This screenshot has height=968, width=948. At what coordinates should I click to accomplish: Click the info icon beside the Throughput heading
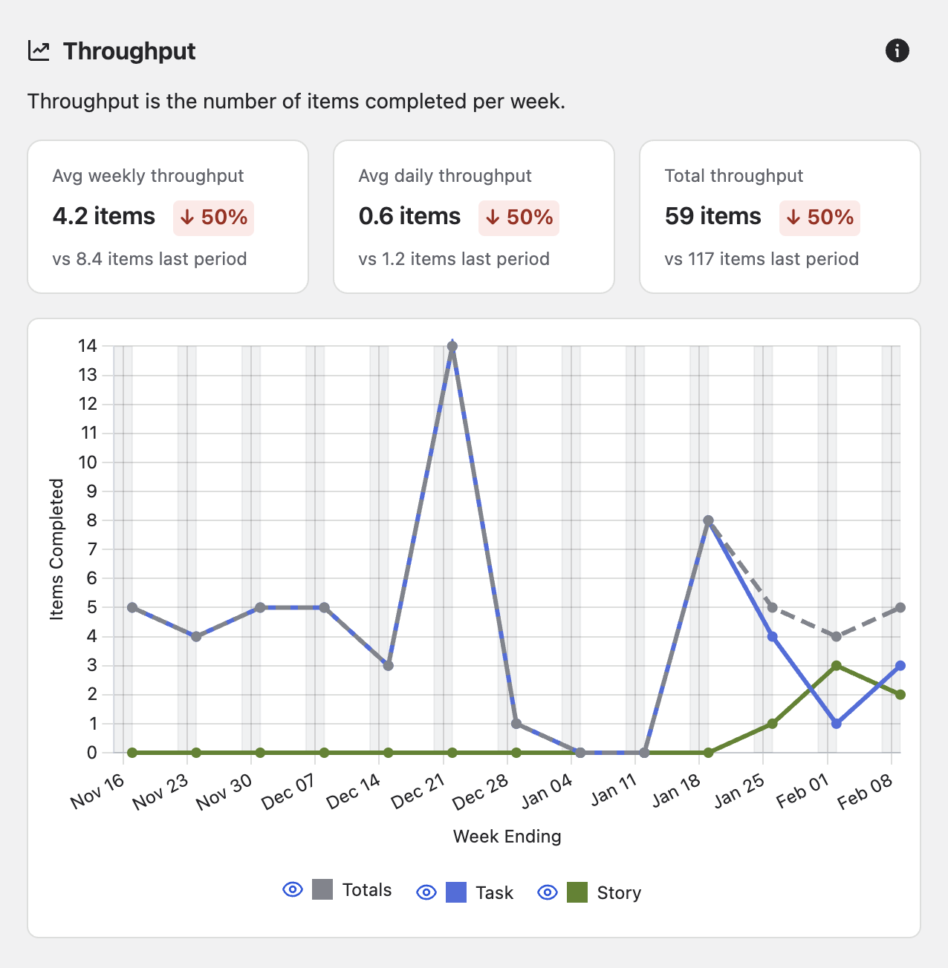897,50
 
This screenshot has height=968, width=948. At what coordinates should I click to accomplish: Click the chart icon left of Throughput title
39,51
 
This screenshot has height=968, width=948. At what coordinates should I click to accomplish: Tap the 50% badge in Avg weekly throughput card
214,218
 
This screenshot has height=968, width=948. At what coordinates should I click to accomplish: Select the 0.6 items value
409,216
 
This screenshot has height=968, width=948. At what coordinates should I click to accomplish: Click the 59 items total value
712,216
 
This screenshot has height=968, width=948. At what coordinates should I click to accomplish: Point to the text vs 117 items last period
762,259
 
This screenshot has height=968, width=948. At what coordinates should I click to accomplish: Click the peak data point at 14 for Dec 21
452,347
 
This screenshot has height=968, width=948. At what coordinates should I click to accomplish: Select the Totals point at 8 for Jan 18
708,521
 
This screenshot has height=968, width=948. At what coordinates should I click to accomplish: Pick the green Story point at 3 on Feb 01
836,666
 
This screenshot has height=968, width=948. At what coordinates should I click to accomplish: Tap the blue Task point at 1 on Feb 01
836,724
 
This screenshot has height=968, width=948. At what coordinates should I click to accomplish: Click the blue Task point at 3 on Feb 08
900,666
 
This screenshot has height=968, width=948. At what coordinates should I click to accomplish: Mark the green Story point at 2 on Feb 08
900,695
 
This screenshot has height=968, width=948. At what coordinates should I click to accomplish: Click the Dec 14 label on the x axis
354,791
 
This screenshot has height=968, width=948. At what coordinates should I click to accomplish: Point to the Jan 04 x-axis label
547,791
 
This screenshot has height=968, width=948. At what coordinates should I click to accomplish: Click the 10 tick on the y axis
88,462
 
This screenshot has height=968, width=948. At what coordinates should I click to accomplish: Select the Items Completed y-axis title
56,549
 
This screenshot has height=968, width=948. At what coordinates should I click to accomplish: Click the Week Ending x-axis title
507,837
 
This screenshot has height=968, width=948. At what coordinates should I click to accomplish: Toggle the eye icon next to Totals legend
293,889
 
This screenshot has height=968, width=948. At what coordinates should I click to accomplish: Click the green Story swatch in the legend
577,892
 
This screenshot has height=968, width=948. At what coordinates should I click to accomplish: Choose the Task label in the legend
494,893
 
